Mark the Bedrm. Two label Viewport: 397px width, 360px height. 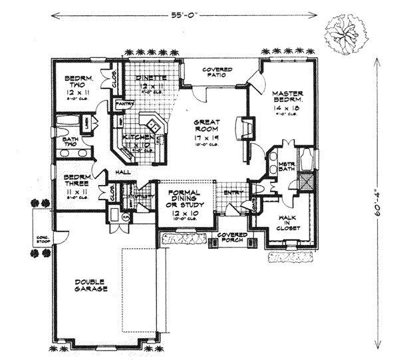(x=78, y=85)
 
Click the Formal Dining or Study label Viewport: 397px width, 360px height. (x=182, y=200)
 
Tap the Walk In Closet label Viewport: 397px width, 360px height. (x=288, y=221)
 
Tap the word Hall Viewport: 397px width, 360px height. (x=122, y=172)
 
